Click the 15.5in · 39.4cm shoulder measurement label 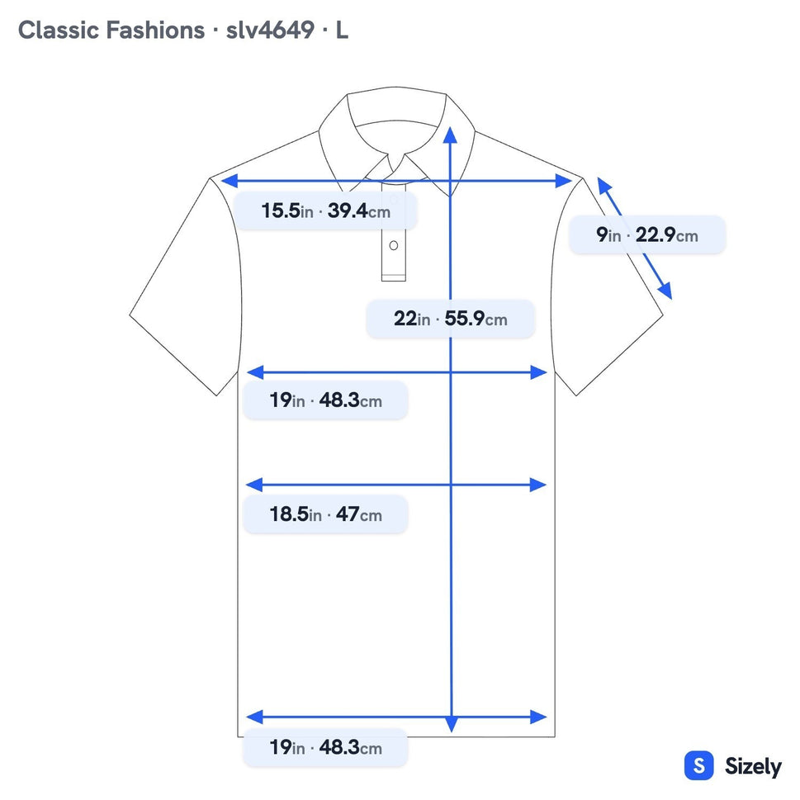[x=325, y=211]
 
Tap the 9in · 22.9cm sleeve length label [x=647, y=235]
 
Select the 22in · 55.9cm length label [x=451, y=319]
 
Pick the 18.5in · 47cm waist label [x=325, y=514]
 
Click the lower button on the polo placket [x=393, y=245]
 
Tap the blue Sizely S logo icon [x=698, y=765]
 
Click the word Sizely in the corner [x=753, y=766]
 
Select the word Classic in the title [x=59, y=30]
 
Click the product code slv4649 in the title [x=270, y=30]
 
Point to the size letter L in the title [x=342, y=30]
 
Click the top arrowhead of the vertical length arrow [x=450, y=135]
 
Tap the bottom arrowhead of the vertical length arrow [x=452, y=724]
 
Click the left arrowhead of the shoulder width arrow [x=230, y=181]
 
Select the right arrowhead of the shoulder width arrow [x=564, y=181]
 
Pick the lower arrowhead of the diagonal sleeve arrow [x=665, y=291]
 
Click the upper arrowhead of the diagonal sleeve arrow [x=604, y=185]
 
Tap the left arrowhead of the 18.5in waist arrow [x=254, y=485]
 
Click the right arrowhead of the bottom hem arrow [x=539, y=717]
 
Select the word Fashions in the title [x=155, y=30]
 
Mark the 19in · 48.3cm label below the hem [x=325, y=748]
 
